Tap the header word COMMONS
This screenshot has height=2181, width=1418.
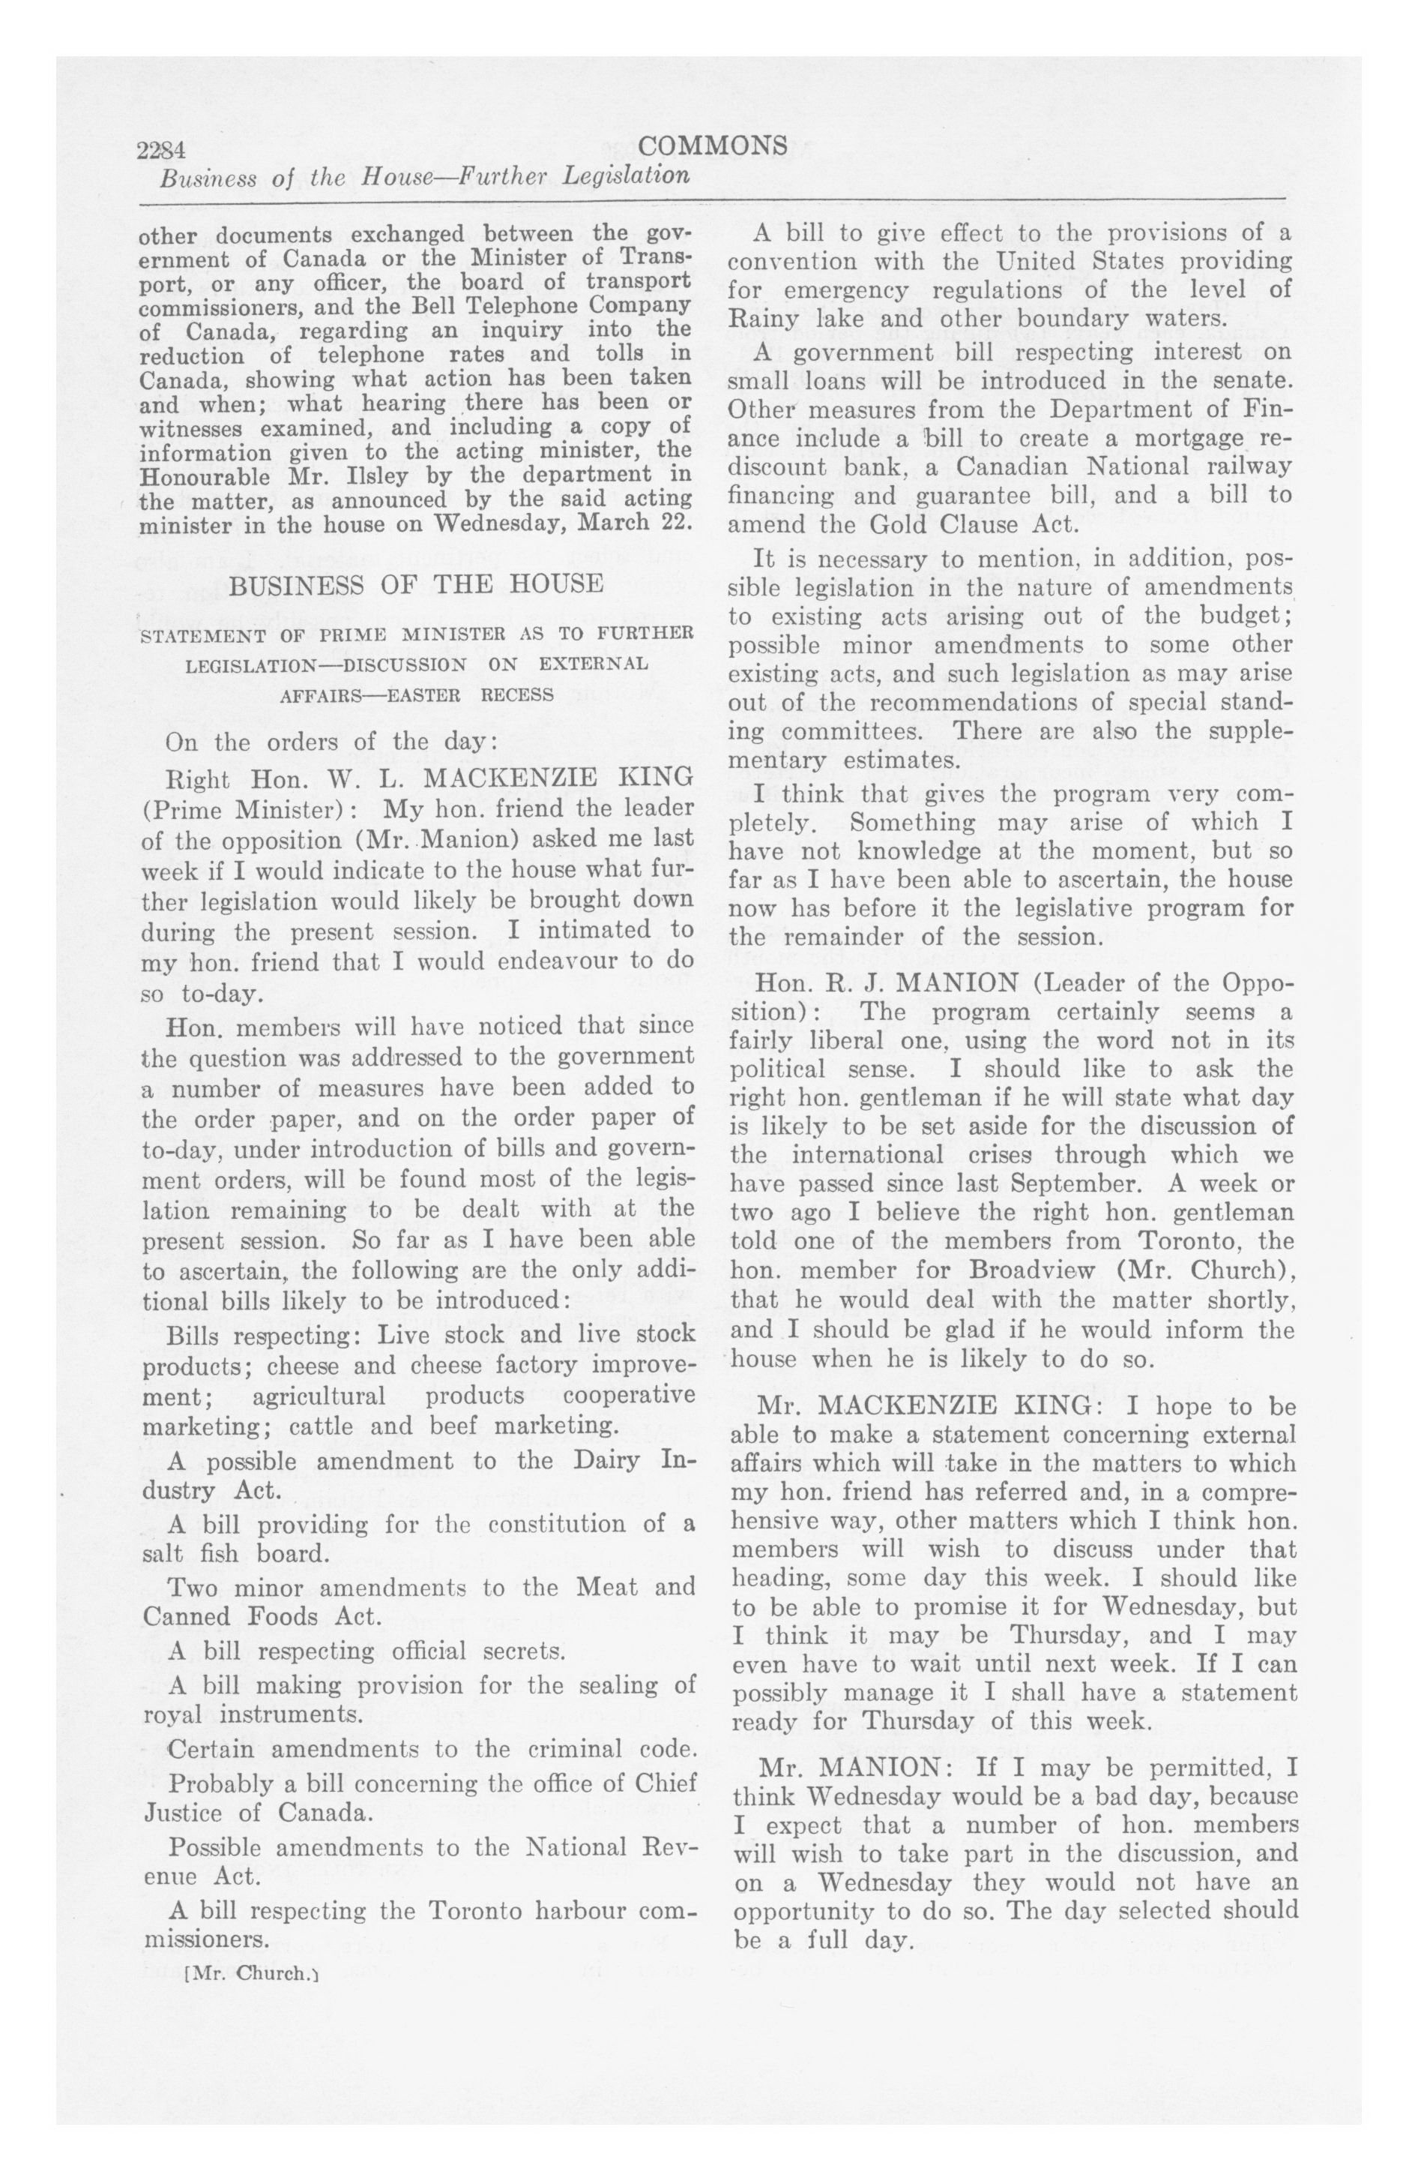(x=713, y=145)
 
